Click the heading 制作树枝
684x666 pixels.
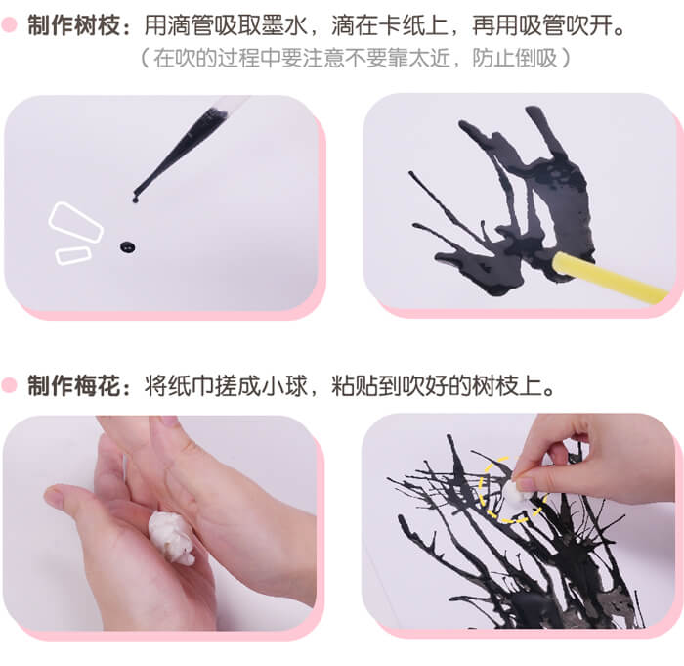(73, 25)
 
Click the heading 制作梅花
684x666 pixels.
(73, 386)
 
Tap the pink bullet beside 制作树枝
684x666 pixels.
(9, 24)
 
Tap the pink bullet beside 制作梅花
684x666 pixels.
(9, 385)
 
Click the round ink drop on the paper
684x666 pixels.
(127, 247)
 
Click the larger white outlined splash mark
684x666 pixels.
(75, 222)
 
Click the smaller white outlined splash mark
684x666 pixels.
(73, 255)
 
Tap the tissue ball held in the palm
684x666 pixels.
(171, 537)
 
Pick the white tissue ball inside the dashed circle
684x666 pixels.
(515, 494)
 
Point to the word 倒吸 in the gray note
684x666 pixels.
(536, 58)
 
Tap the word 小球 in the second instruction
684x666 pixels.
(285, 386)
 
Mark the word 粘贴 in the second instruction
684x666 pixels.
(355, 386)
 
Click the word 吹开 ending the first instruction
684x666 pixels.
(589, 25)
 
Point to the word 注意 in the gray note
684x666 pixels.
(324, 58)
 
